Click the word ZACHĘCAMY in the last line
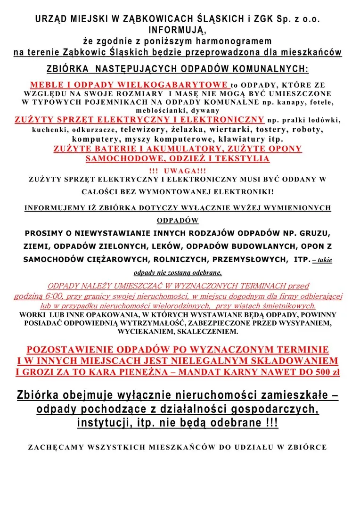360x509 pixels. (54, 447)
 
